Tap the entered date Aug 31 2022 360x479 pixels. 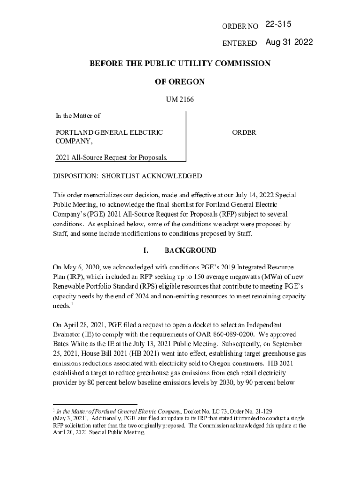point(289,43)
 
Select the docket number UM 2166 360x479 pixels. point(180,99)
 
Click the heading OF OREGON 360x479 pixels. point(180,81)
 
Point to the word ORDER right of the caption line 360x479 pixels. point(244,132)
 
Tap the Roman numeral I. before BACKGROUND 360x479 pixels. point(146,250)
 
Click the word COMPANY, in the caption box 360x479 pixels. point(71,140)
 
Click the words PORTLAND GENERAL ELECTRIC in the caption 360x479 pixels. point(109,132)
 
